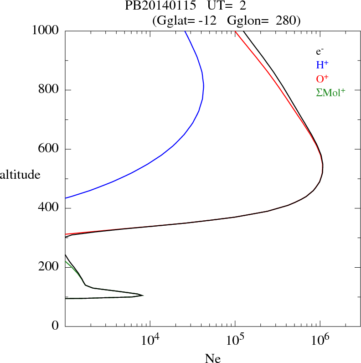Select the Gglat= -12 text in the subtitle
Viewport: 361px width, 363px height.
(x=187, y=21)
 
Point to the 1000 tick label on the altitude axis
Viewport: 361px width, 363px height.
(x=46, y=31)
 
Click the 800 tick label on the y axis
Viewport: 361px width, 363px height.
(x=49, y=90)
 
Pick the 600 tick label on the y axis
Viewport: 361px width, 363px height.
(x=49, y=149)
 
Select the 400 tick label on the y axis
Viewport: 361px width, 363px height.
(x=49, y=208)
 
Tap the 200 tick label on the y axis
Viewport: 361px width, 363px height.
(x=49, y=267)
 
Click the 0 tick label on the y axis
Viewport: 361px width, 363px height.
(x=56, y=326)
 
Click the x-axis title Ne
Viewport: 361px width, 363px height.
(x=212, y=358)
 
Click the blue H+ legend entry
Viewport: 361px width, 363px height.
(x=322, y=65)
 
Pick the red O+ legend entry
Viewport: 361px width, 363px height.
(x=323, y=78)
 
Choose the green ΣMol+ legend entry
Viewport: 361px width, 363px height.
(x=330, y=92)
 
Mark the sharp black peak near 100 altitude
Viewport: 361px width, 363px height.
(x=143, y=296)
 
